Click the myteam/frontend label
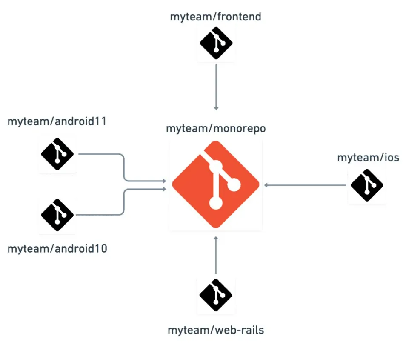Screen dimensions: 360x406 pyautogui.click(x=215, y=17)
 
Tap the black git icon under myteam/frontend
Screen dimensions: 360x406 pyautogui.click(x=216, y=43)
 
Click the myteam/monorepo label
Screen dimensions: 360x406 pyautogui.click(x=216, y=128)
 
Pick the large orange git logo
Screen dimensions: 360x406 pyautogui.click(x=216, y=185)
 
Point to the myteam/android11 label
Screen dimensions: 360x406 pyautogui.click(x=57, y=121)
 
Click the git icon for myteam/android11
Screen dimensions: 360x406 pyautogui.click(x=57, y=154)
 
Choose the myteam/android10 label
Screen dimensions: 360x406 pyautogui.click(x=57, y=248)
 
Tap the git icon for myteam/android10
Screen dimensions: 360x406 pyautogui.click(x=57, y=215)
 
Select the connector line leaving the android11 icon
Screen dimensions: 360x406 pyautogui.click(x=102, y=154)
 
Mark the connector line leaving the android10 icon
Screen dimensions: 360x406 pyautogui.click(x=102, y=214)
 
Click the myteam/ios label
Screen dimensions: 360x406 pyautogui.click(x=368, y=158)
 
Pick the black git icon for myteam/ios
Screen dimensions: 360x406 pyautogui.click(x=367, y=185)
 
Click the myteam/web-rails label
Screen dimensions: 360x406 pyautogui.click(x=216, y=330)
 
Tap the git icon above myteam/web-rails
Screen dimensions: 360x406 pyautogui.click(x=216, y=295)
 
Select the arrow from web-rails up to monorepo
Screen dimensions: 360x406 pyautogui.click(x=216, y=256)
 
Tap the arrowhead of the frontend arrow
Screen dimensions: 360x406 pyautogui.click(x=216, y=108)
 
